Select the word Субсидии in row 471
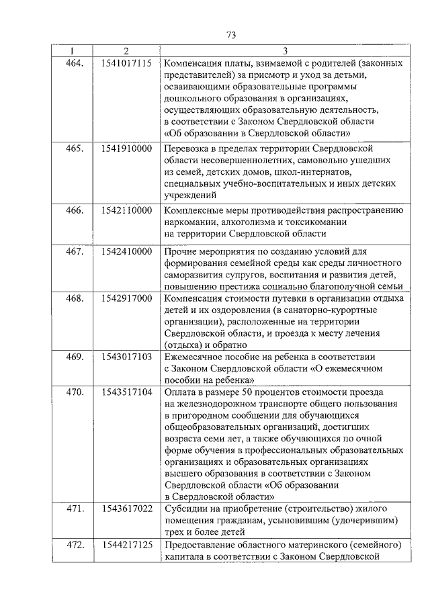tap(184, 509)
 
